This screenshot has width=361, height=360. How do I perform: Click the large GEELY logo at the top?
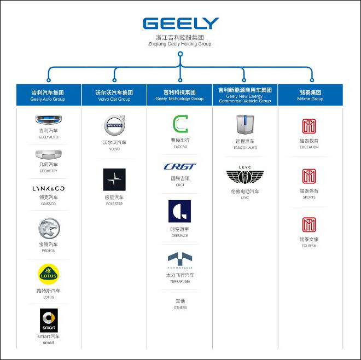(180, 24)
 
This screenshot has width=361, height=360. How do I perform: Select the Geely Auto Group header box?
(48, 95)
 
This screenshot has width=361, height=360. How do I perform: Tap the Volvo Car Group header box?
(114, 95)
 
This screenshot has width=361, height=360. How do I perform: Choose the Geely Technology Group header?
(179, 95)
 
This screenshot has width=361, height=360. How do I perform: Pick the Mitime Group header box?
(311, 95)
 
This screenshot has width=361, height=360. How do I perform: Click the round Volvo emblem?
(114, 126)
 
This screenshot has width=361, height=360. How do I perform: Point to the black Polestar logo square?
(114, 179)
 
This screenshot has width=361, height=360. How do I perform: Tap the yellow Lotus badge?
(48, 273)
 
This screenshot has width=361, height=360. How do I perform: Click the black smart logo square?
(48, 320)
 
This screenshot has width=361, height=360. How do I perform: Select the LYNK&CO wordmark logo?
(48, 188)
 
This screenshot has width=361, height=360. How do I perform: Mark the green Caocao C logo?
(179, 124)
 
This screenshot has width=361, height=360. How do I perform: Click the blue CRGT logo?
(179, 167)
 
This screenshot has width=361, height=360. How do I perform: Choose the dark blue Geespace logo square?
(179, 211)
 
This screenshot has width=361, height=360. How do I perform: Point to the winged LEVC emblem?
(245, 176)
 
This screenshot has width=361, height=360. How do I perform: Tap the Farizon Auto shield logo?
(245, 125)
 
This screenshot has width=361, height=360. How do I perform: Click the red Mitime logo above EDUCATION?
(309, 126)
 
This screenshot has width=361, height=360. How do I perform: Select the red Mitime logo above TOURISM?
(309, 224)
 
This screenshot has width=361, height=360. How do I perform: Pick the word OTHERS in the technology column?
(179, 307)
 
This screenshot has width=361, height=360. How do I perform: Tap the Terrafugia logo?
(179, 259)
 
